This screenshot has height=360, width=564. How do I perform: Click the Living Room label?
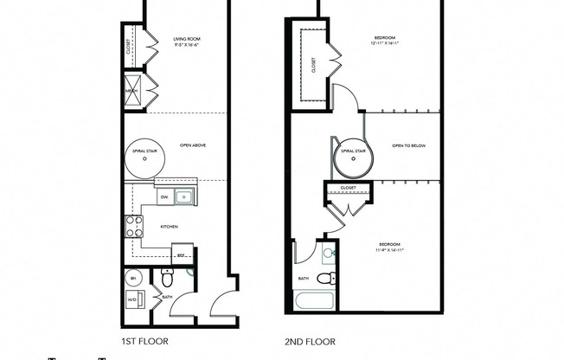(186, 38)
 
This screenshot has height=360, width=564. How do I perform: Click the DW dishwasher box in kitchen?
(164, 198)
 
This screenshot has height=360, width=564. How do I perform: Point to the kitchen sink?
(183, 198)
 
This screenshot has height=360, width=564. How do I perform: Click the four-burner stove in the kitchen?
(135, 227)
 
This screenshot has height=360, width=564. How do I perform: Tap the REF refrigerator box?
(183, 255)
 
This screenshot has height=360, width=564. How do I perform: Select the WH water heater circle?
(134, 279)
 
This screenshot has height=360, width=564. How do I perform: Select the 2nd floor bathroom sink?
(327, 254)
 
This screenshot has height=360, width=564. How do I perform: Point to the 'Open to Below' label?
(409, 145)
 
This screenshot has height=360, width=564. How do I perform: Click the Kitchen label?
(169, 226)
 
